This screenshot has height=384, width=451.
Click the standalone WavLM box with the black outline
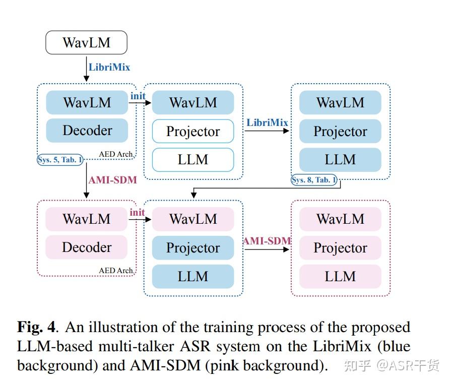tap(86, 42)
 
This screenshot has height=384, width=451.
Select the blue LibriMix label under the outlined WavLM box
tap(109, 67)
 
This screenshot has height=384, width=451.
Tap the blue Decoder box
tap(87, 131)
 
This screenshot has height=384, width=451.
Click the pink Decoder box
tap(87, 247)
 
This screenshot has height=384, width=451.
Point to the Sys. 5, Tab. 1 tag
tap(60, 160)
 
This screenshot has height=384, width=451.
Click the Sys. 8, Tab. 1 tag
tap(314, 179)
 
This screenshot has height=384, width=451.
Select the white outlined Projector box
tap(193, 132)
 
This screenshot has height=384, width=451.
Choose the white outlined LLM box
tap(193, 160)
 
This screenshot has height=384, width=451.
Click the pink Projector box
tap(340, 247)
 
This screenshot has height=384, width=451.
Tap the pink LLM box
tap(340, 276)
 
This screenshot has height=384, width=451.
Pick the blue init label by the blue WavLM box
tap(138, 96)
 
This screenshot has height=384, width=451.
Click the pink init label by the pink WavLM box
tap(137, 212)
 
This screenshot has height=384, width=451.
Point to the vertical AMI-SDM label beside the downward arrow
tap(112, 180)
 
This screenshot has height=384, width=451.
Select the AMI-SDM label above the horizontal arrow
tap(267, 241)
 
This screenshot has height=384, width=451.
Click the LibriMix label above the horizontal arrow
tap(267, 122)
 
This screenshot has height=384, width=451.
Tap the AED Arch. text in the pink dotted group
tap(116, 271)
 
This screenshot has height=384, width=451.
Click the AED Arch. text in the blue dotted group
tap(116, 154)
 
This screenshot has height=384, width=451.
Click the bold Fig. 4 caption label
tap(36, 327)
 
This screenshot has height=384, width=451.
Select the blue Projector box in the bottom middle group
tap(193, 248)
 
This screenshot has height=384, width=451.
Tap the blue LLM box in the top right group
tap(340, 160)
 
